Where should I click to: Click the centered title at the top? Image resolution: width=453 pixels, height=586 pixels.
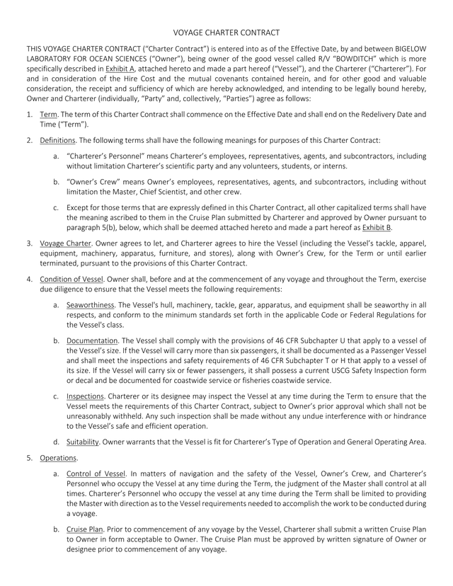226,33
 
